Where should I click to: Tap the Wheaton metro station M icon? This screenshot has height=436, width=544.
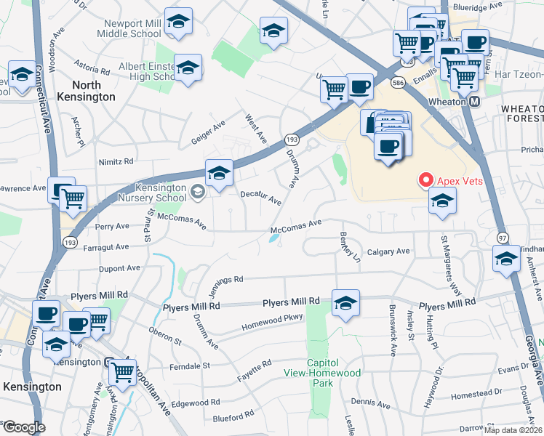(x=475, y=102)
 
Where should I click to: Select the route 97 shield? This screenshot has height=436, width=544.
(x=503, y=238)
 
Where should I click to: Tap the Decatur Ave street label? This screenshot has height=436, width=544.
(x=260, y=197)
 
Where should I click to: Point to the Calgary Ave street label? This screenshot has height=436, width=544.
(x=388, y=251)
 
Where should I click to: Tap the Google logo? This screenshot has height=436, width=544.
(x=24, y=427)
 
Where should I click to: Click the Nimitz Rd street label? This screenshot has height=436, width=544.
(x=119, y=161)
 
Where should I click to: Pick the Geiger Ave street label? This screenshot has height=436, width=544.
(x=208, y=128)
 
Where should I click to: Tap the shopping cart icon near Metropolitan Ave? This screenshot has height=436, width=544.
(x=122, y=372)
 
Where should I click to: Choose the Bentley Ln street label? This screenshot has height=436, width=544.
(x=350, y=247)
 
